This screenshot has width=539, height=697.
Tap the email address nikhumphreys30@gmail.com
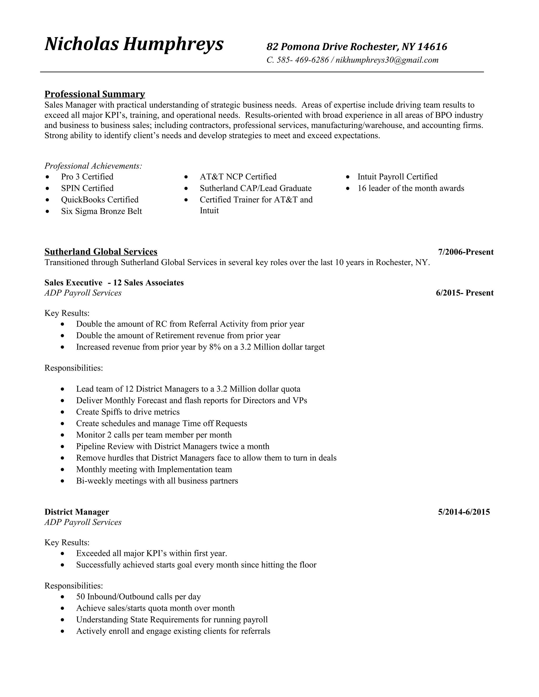pos(387,60)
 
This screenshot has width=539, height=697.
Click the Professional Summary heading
pos(94,94)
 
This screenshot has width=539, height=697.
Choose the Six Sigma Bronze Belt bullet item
pos(101,211)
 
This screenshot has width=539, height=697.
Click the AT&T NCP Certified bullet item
pos(238,177)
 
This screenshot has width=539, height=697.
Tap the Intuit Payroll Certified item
pos(397,177)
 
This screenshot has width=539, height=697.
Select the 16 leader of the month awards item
pos(411,188)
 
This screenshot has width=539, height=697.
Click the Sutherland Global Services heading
pos(101,252)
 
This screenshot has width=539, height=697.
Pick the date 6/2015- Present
pos(465,293)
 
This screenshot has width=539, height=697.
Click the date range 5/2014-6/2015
pos(464,512)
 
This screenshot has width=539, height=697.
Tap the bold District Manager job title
pos(77,512)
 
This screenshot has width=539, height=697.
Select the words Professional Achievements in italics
pos(93,166)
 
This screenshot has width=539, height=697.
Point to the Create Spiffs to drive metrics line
pos(128,412)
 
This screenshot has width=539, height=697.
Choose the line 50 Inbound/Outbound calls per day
pos(138,597)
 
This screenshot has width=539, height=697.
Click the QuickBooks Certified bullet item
pos(100,200)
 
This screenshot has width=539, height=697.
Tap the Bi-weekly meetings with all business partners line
pos(157,481)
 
